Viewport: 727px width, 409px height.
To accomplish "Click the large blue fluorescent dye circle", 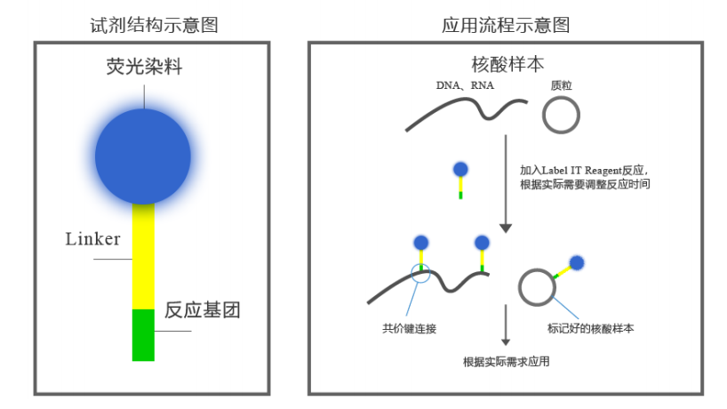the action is (143, 156).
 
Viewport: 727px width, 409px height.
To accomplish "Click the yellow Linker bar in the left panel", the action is (143, 256).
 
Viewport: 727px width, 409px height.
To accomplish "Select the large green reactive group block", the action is (143, 335).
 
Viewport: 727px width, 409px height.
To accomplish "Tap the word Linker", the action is (92, 239).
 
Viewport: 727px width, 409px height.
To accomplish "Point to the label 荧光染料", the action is (144, 67).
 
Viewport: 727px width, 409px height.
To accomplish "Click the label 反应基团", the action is (202, 309).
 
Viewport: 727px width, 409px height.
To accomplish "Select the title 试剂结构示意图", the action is (154, 25).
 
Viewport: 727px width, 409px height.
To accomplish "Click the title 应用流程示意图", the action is (506, 25).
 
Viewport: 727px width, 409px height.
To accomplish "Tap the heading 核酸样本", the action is (507, 64).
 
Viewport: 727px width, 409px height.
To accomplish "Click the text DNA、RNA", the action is (465, 85).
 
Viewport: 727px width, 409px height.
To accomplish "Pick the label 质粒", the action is (561, 85).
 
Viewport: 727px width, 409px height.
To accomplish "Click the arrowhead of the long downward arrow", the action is (506, 229).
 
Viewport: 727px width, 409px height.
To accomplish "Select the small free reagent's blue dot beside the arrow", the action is (460, 169).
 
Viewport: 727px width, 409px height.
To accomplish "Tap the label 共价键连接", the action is (410, 329).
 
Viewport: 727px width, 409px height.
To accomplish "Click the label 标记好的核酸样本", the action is (591, 329).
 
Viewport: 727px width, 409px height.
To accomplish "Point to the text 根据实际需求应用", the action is (507, 362).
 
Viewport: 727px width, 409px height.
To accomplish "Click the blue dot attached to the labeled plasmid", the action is (576, 263).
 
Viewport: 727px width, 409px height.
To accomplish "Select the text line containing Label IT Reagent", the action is (584, 170).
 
